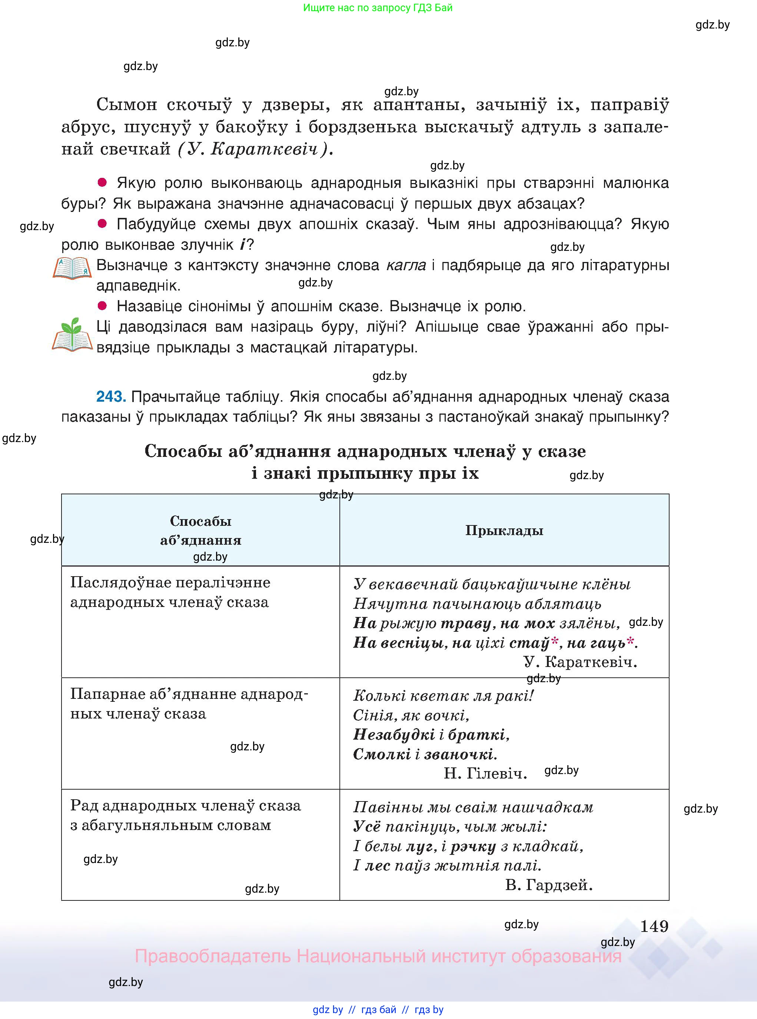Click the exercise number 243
(x=110, y=396)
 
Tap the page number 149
(x=654, y=926)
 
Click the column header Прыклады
(x=504, y=531)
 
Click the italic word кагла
(x=406, y=265)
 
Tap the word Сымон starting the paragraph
(x=126, y=105)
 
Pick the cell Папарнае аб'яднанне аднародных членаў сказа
(x=189, y=704)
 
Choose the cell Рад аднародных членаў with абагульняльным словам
(x=186, y=815)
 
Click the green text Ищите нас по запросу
(x=378, y=7)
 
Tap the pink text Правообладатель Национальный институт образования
(x=378, y=956)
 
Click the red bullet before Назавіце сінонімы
(x=102, y=306)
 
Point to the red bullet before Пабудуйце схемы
(x=102, y=223)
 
